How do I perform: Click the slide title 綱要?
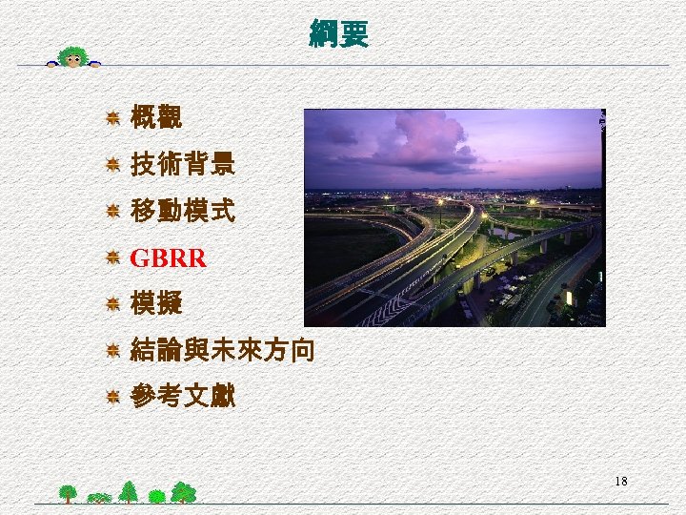(338, 34)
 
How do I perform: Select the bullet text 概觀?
(156, 119)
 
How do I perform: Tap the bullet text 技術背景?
(182, 166)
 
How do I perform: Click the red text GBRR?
(168, 258)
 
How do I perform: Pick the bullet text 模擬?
(156, 305)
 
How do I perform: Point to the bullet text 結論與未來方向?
(221, 351)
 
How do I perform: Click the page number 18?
(621, 482)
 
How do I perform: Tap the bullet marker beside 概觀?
(112, 119)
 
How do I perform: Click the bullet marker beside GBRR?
(112, 258)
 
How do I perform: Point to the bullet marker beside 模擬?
(112, 305)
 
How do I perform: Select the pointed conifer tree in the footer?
(128, 491)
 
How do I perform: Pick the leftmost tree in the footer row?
(68, 493)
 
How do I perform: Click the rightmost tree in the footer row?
(185, 492)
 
